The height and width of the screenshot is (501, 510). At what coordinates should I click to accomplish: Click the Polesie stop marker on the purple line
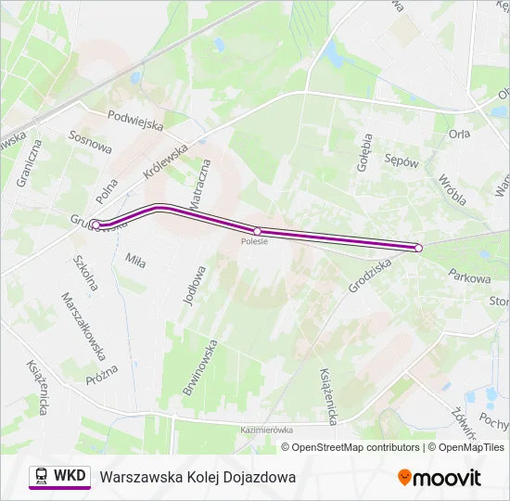(257, 231)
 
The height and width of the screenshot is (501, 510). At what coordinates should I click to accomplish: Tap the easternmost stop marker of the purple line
(418, 248)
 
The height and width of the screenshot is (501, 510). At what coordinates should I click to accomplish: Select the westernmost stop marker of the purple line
(96, 225)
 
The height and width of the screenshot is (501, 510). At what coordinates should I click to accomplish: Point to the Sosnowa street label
(90, 141)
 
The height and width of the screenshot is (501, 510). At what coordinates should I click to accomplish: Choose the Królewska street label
(166, 161)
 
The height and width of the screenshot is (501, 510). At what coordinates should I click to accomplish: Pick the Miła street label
(135, 262)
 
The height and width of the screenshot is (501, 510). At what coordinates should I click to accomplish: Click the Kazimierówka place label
(266, 430)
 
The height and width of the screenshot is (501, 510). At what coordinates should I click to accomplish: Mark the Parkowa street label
(468, 276)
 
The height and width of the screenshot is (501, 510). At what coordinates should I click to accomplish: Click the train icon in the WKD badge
(42, 476)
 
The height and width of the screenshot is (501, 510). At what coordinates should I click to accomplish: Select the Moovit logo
(440, 478)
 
